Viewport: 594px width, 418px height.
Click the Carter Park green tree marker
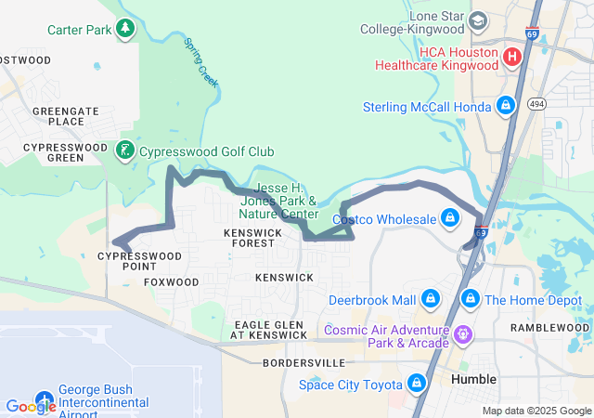(125, 30)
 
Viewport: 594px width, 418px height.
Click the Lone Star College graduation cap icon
(478, 20)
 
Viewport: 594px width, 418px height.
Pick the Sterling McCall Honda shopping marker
(506, 107)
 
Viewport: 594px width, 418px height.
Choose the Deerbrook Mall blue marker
(431, 300)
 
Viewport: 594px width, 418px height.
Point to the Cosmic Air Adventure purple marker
(463, 332)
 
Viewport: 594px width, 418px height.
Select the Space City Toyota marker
(415, 385)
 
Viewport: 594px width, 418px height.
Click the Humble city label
(473, 380)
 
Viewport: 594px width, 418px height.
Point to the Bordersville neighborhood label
(297, 361)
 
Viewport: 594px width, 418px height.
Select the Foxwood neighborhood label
(172, 281)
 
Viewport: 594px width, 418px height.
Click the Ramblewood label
(549, 328)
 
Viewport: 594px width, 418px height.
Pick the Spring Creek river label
(201, 63)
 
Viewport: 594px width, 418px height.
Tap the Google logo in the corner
(31, 406)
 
